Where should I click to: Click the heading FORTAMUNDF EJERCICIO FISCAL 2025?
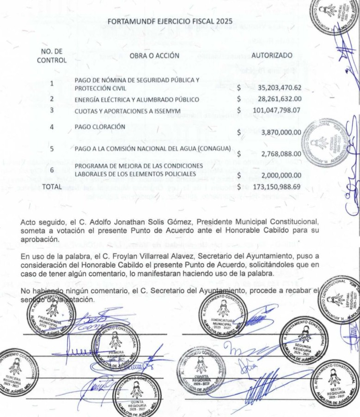(x=170, y=21)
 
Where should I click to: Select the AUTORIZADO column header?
(x=271, y=55)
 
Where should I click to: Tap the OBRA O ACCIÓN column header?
(x=154, y=55)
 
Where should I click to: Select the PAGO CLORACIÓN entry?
(x=100, y=127)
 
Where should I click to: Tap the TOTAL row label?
(x=52, y=187)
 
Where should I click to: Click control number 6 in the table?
(x=52, y=170)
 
